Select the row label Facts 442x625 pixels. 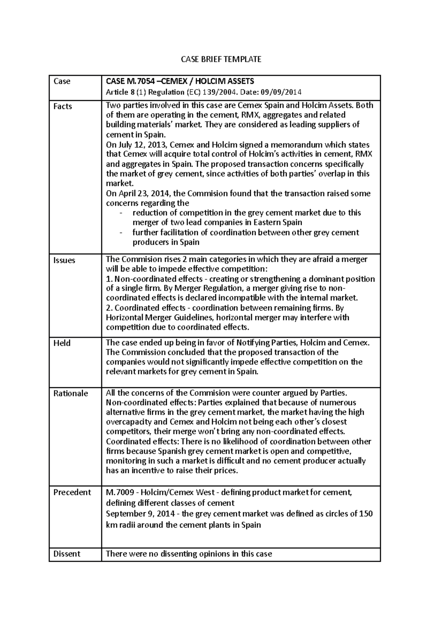(x=63, y=106)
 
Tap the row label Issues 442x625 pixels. (x=64, y=260)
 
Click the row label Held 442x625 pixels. (x=62, y=343)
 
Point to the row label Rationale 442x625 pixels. (x=71, y=393)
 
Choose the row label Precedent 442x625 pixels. (x=72, y=492)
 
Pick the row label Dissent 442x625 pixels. (x=67, y=554)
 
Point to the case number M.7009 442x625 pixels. (x=117, y=492)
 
